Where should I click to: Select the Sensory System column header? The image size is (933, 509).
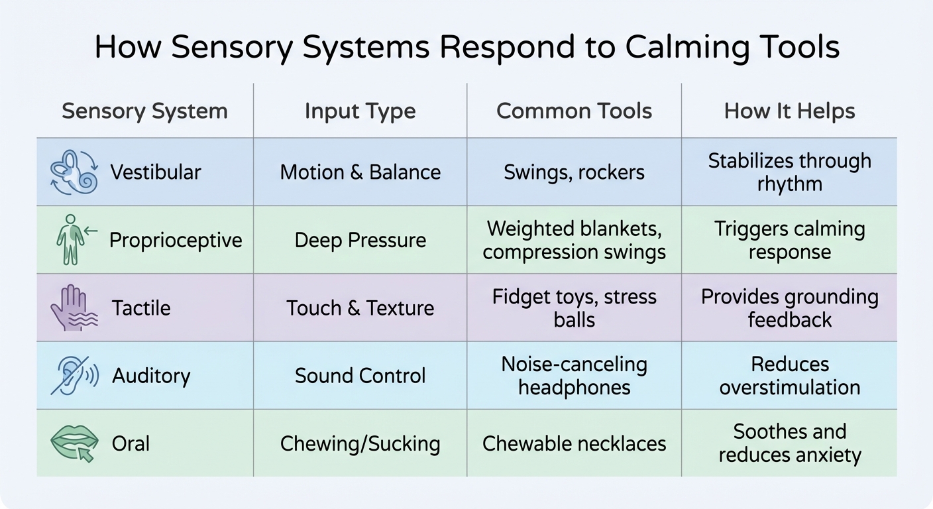coord(144,111)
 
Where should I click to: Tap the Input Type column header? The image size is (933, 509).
coord(360,111)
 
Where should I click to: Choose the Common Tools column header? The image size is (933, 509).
coord(574,111)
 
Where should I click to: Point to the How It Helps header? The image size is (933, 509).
coord(789,111)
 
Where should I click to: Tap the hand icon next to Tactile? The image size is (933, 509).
coord(74,308)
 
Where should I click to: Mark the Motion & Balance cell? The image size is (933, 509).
coord(360,172)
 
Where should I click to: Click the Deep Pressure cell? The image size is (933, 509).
coord(360,240)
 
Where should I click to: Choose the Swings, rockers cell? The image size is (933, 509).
coord(574,172)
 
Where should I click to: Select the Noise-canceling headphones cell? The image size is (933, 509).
coord(574,375)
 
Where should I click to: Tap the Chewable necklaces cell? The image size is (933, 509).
coord(574,443)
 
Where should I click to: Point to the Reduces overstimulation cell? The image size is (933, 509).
coord(789,375)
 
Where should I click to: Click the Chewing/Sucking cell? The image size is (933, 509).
coord(360,443)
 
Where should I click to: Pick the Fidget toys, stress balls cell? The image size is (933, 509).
coord(574,308)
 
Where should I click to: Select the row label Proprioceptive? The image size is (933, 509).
coord(176,240)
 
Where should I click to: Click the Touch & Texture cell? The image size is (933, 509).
coord(360,308)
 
